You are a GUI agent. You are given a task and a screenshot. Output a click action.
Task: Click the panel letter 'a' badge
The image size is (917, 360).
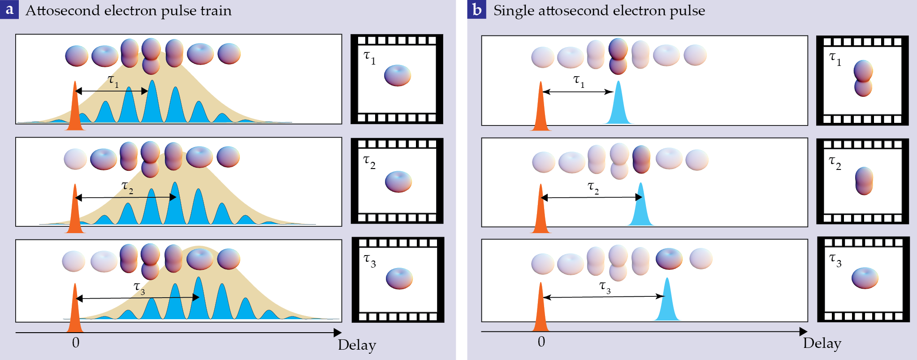click(x=9, y=9)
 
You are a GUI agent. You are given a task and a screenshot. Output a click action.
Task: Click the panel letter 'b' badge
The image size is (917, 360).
click(x=476, y=9)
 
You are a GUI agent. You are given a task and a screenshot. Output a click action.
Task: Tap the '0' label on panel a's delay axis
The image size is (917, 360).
click(x=76, y=343)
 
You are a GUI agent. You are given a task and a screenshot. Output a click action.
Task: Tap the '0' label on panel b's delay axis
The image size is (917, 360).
click(x=541, y=342)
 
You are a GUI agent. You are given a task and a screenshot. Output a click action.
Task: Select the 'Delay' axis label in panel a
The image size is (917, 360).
click(x=357, y=345)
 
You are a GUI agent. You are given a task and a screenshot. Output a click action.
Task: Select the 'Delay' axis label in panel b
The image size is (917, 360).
click(x=822, y=343)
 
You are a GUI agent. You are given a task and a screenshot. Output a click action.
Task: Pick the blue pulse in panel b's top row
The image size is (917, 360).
click(x=619, y=106)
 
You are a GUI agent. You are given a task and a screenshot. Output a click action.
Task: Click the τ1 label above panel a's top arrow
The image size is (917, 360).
click(x=113, y=81)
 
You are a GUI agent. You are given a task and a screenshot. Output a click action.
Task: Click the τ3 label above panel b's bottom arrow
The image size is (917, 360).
click(x=605, y=287)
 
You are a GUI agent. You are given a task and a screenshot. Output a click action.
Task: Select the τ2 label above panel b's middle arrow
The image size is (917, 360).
click(x=593, y=187)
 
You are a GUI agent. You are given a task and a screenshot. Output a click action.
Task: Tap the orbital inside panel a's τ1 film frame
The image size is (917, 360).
click(x=398, y=75)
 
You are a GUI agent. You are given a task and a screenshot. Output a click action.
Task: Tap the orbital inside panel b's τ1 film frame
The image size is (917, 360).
click(x=863, y=78)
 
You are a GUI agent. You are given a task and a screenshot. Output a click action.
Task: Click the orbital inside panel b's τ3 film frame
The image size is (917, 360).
click(x=865, y=278)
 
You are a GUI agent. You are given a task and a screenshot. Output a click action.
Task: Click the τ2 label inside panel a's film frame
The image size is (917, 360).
click(x=369, y=162)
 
